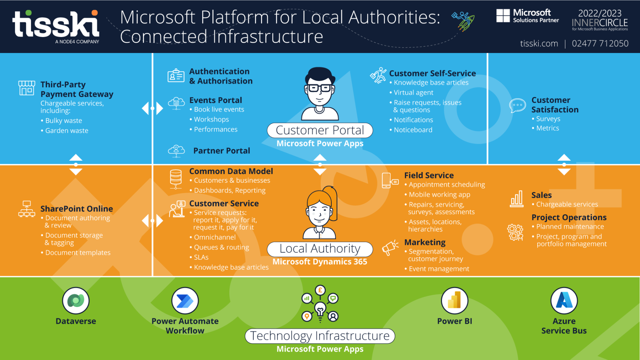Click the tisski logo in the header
point(56,25)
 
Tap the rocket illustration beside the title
point(464,21)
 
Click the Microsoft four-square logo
point(503,16)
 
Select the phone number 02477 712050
point(600,43)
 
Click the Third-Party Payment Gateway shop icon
point(27,88)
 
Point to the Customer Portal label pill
point(320,130)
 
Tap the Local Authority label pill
point(320,249)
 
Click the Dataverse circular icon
point(76,301)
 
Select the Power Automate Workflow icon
point(185,301)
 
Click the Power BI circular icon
point(454,301)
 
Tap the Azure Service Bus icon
point(564,301)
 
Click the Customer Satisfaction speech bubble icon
point(517,106)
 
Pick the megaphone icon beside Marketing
point(390,247)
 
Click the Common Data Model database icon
point(176,179)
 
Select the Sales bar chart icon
point(517,199)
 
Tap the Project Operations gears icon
point(515,232)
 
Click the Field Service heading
point(429,175)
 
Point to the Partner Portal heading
point(222,151)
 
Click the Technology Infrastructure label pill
point(320,336)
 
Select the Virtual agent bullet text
point(414,92)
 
